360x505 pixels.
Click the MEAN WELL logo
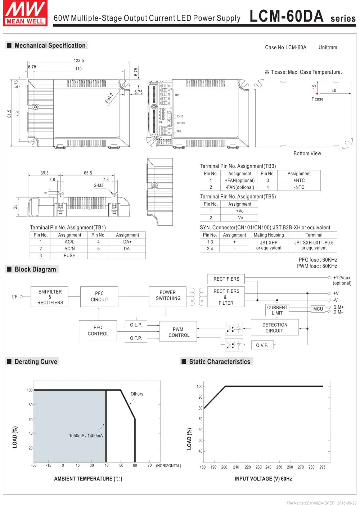tap(25, 13)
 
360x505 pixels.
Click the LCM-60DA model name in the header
tap(287, 16)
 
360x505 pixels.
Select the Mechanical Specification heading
tap(50, 45)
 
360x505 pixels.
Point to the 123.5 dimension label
tap(79, 61)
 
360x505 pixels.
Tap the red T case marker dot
tap(317, 94)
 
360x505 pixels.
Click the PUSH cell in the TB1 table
tap(69, 255)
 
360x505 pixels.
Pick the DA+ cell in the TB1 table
tap(127, 242)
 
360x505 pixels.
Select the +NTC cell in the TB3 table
tap(299, 180)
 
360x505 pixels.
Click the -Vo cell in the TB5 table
tap(240, 218)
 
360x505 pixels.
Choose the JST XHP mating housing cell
tap(269, 245)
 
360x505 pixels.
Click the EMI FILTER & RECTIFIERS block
tap(50, 297)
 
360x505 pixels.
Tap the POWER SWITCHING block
tap(168, 295)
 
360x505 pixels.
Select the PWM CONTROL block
tap(178, 332)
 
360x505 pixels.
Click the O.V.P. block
tap(262, 345)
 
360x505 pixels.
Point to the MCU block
tap(318, 309)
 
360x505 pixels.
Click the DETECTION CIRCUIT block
tap(275, 327)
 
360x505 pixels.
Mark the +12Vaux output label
tap(342, 278)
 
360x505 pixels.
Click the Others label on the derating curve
tap(137, 394)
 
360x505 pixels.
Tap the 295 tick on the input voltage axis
tap(322, 467)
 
